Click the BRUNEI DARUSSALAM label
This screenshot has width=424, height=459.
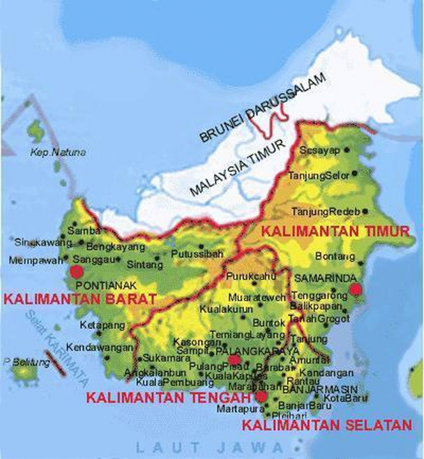262,108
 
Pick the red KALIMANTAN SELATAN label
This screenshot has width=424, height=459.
327,426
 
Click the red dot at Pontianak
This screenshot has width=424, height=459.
76,271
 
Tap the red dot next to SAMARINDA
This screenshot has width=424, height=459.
355,289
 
